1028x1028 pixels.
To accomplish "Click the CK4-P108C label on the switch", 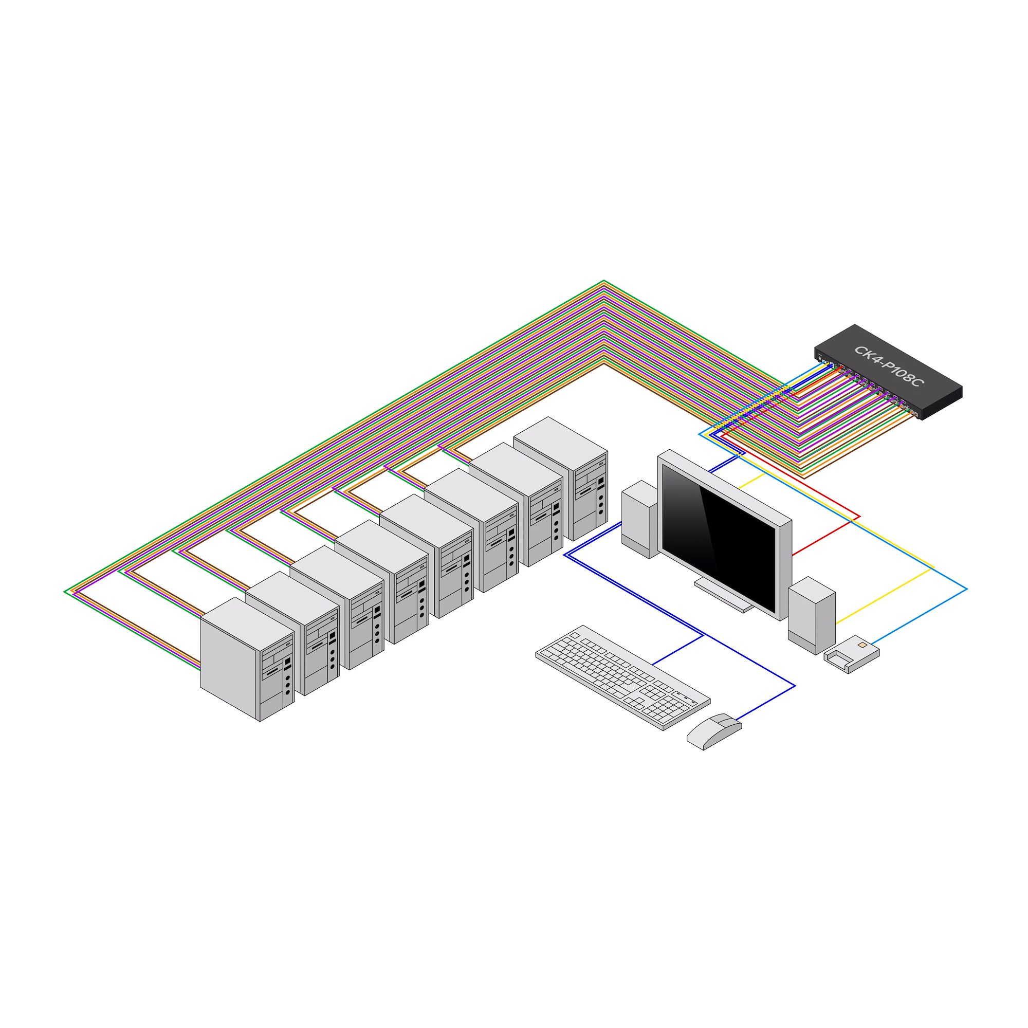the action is coord(889,366).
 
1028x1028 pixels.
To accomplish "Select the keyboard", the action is coord(622,676).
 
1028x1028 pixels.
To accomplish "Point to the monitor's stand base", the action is coord(724,595).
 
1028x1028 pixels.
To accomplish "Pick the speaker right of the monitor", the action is coord(812,615).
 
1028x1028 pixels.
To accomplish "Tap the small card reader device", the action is coord(851,654).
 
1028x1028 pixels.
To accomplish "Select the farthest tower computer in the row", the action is coord(561,479).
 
